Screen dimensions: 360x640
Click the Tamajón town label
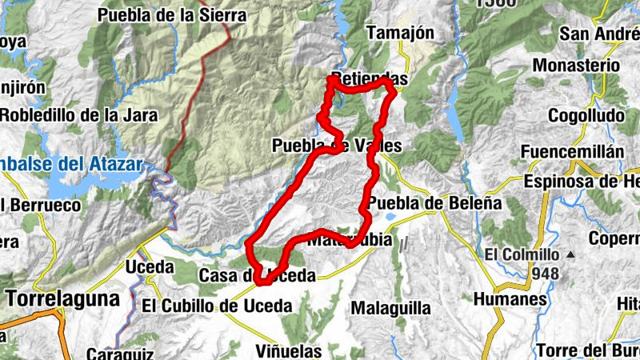click(399, 34)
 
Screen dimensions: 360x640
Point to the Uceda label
click(150, 266)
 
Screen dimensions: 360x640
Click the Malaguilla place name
click(391, 308)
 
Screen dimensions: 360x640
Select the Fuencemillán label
click(571, 152)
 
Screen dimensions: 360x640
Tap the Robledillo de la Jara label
click(78, 115)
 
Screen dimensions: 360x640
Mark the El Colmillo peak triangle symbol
click(570, 255)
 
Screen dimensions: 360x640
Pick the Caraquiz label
click(113, 353)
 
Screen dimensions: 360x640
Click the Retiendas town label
click(369, 80)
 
